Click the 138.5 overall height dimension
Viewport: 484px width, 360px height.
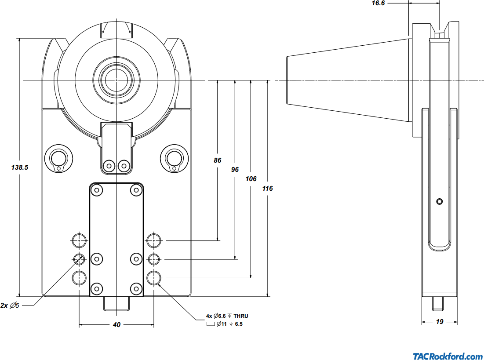click(20, 167)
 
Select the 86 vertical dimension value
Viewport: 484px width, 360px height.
click(218, 160)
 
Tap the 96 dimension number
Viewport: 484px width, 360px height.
click(235, 170)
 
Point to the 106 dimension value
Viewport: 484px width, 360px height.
click(251, 179)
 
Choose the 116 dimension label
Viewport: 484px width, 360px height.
click(267, 188)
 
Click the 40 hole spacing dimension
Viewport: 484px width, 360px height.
click(116, 325)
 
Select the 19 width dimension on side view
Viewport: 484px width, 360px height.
click(439, 322)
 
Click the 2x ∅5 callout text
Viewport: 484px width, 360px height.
click(10, 305)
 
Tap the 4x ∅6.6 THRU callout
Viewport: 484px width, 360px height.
click(227, 316)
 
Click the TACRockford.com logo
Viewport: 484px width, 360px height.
click(448, 356)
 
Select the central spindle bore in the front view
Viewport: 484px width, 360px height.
click(116, 80)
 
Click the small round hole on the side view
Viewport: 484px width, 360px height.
click(439, 201)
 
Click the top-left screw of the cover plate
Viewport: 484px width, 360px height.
click(97, 190)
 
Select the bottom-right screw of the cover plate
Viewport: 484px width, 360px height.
click(136, 289)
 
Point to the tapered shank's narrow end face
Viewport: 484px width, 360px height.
click(287, 80)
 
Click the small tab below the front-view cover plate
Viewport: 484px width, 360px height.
click(116, 303)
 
